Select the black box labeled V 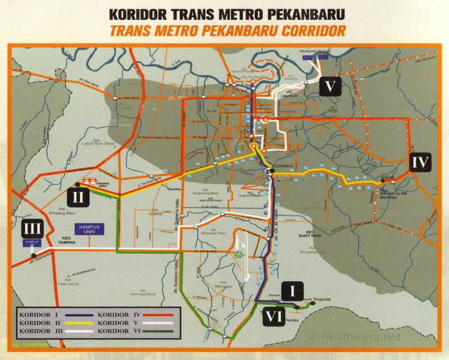click(x=332, y=86)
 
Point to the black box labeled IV click(x=420, y=163)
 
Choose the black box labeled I click(x=291, y=290)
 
